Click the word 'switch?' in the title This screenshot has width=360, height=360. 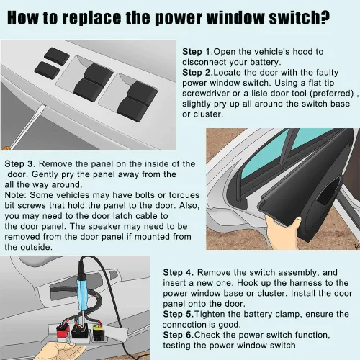(x=300, y=17)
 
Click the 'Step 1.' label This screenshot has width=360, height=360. (x=197, y=52)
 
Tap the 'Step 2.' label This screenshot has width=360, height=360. (x=197, y=73)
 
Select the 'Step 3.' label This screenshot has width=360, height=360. (x=20, y=164)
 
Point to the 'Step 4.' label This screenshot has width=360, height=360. (x=179, y=273)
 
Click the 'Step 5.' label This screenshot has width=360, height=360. (x=179, y=314)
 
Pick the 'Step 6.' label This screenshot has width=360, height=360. (x=179, y=335)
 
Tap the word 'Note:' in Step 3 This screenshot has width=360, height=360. (x=16, y=195)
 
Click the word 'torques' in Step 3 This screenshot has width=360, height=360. (x=184, y=195)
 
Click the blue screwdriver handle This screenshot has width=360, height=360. (x=82, y=293)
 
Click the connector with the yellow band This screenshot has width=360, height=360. (x=98, y=332)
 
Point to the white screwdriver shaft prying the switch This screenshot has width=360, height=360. (x=27, y=127)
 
